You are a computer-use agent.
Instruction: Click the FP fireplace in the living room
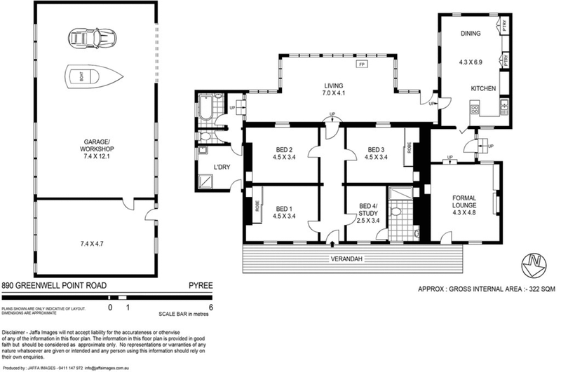coord(362,64)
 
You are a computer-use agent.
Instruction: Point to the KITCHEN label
coord(483,88)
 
